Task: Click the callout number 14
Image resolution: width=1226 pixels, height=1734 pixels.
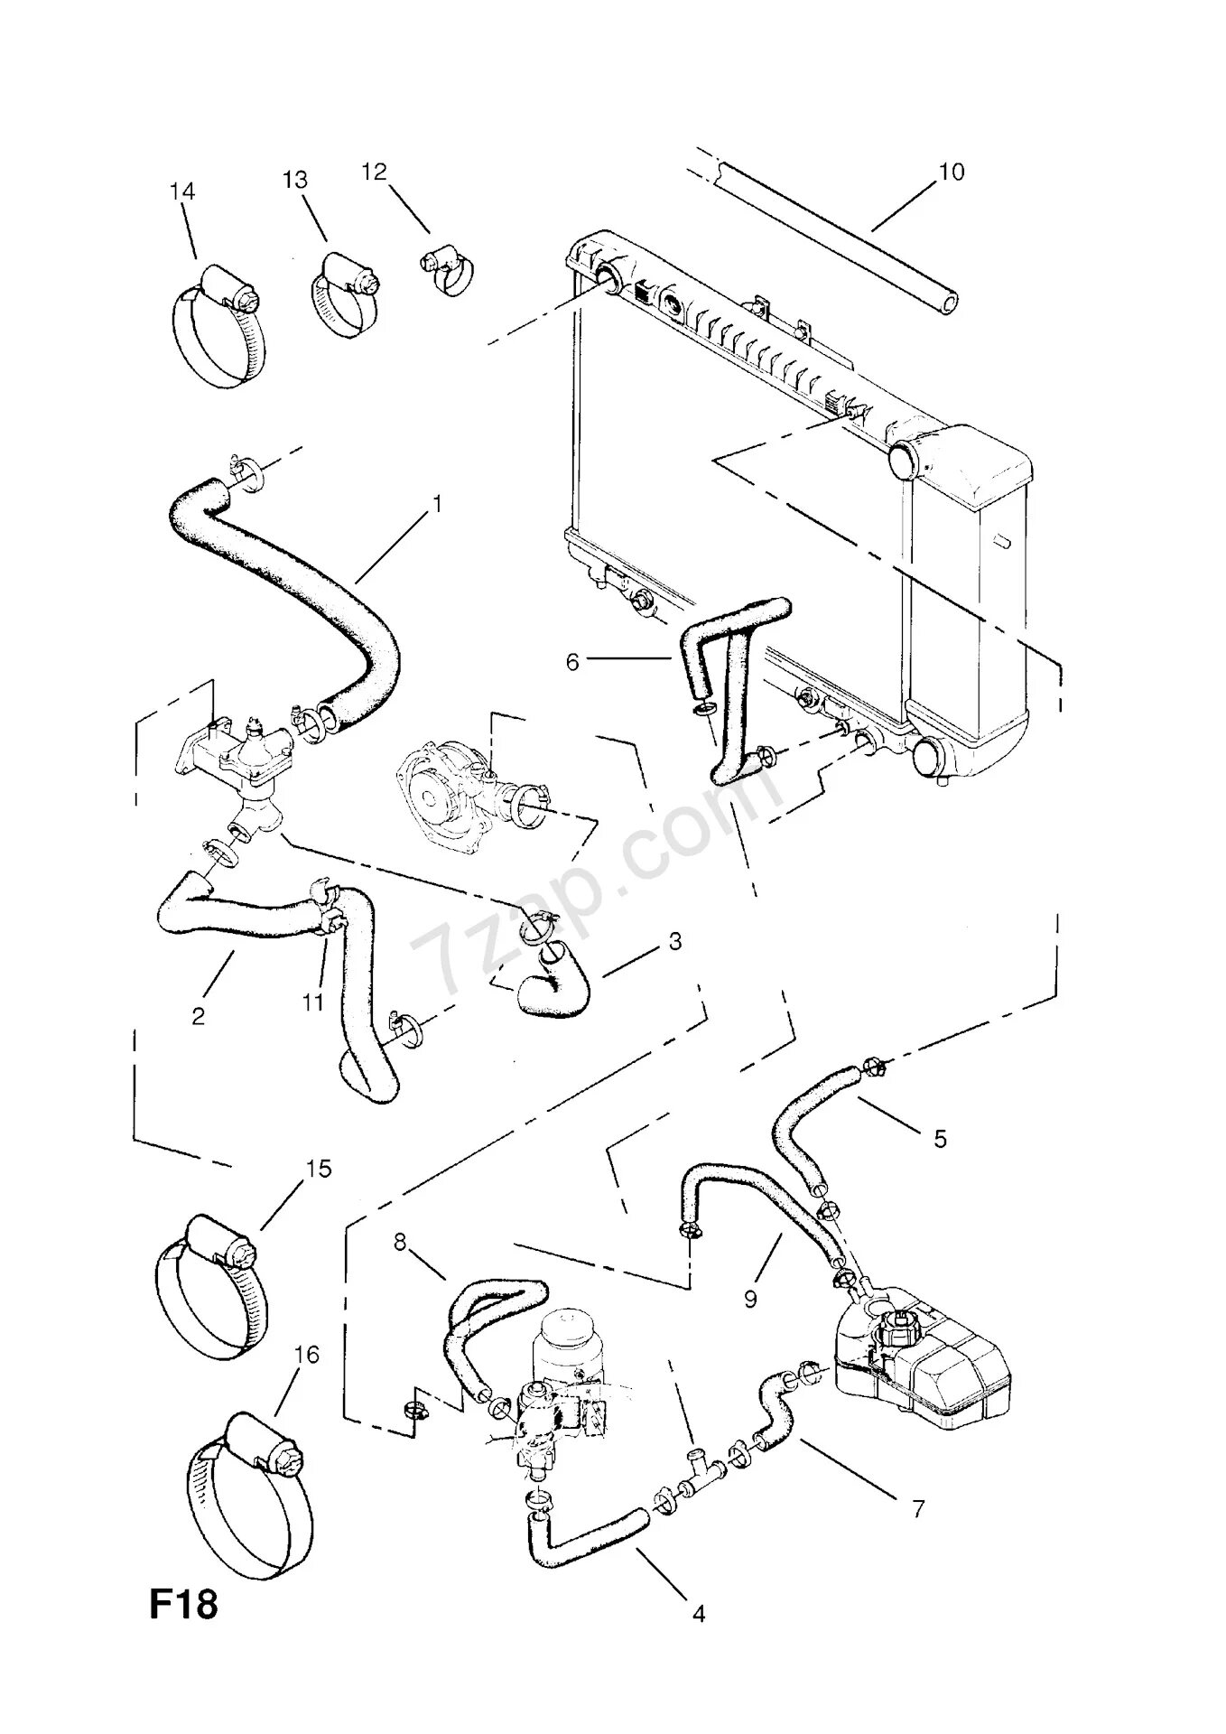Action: point(182,191)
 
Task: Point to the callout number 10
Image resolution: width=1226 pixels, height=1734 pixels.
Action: point(952,172)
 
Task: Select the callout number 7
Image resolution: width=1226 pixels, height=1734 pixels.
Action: point(918,1508)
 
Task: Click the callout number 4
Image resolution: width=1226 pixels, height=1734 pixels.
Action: point(698,1614)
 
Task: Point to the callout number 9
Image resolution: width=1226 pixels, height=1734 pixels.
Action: point(750,1299)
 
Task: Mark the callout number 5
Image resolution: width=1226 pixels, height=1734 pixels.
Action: point(940,1139)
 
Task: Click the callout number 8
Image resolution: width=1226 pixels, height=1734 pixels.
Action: point(400,1242)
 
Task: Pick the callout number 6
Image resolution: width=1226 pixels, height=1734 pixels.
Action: point(572,662)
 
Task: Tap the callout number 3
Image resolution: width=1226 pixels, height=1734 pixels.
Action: point(674,942)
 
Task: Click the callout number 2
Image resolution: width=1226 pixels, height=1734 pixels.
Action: point(198,1015)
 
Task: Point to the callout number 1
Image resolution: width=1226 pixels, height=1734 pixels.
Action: point(437,504)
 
